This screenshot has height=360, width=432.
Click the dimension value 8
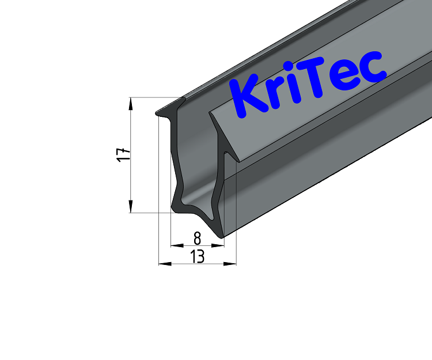(x=197, y=237)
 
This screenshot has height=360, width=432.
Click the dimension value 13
(x=197, y=256)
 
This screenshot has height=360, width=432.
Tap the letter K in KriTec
(x=245, y=98)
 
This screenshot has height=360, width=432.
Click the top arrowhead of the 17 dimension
(x=131, y=103)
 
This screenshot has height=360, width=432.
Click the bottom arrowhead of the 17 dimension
(x=131, y=208)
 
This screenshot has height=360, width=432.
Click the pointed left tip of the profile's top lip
(x=157, y=114)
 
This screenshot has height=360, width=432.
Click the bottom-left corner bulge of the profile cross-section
(x=176, y=206)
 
